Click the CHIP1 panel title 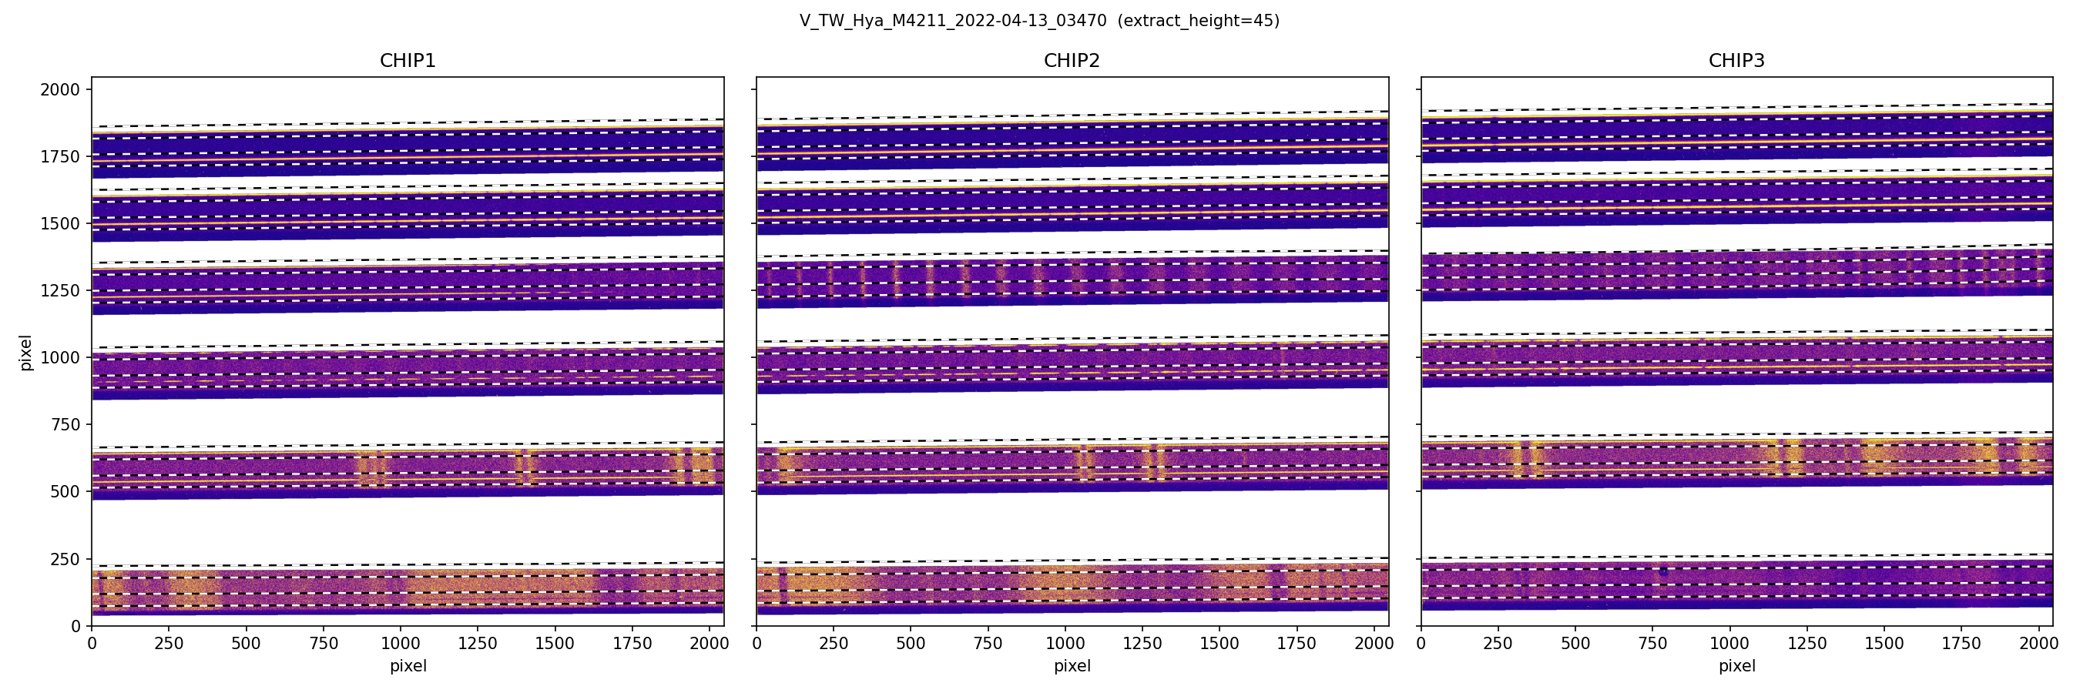click(408, 61)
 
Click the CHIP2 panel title click(1072, 61)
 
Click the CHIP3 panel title click(1736, 61)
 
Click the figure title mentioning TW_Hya click(1039, 21)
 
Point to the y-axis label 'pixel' click(26, 353)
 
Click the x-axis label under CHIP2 click(1072, 666)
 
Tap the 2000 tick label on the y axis click(61, 89)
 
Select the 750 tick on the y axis click(65, 425)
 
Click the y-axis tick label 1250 click(61, 290)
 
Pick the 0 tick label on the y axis click(76, 626)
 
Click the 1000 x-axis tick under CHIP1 click(401, 644)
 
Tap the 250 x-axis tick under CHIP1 click(169, 644)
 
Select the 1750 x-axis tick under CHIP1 click(632, 644)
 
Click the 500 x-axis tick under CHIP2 click(911, 644)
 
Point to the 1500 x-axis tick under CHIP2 click(1219, 644)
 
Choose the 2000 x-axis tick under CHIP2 click(1374, 644)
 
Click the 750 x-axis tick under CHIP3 click(1652, 644)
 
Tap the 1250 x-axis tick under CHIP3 click(1807, 644)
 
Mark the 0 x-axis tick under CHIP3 click(1421, 644)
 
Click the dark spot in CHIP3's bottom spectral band click(1663, 571)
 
